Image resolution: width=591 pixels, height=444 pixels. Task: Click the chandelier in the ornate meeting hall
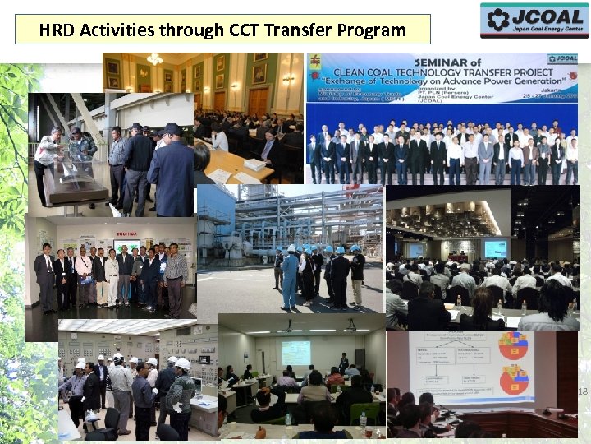pos(154,59)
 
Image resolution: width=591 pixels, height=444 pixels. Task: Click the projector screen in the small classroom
pos(295,352)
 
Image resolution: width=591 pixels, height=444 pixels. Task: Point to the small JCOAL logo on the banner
pos(561,59)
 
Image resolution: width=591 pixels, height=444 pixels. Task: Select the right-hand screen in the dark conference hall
pos(495,248)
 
